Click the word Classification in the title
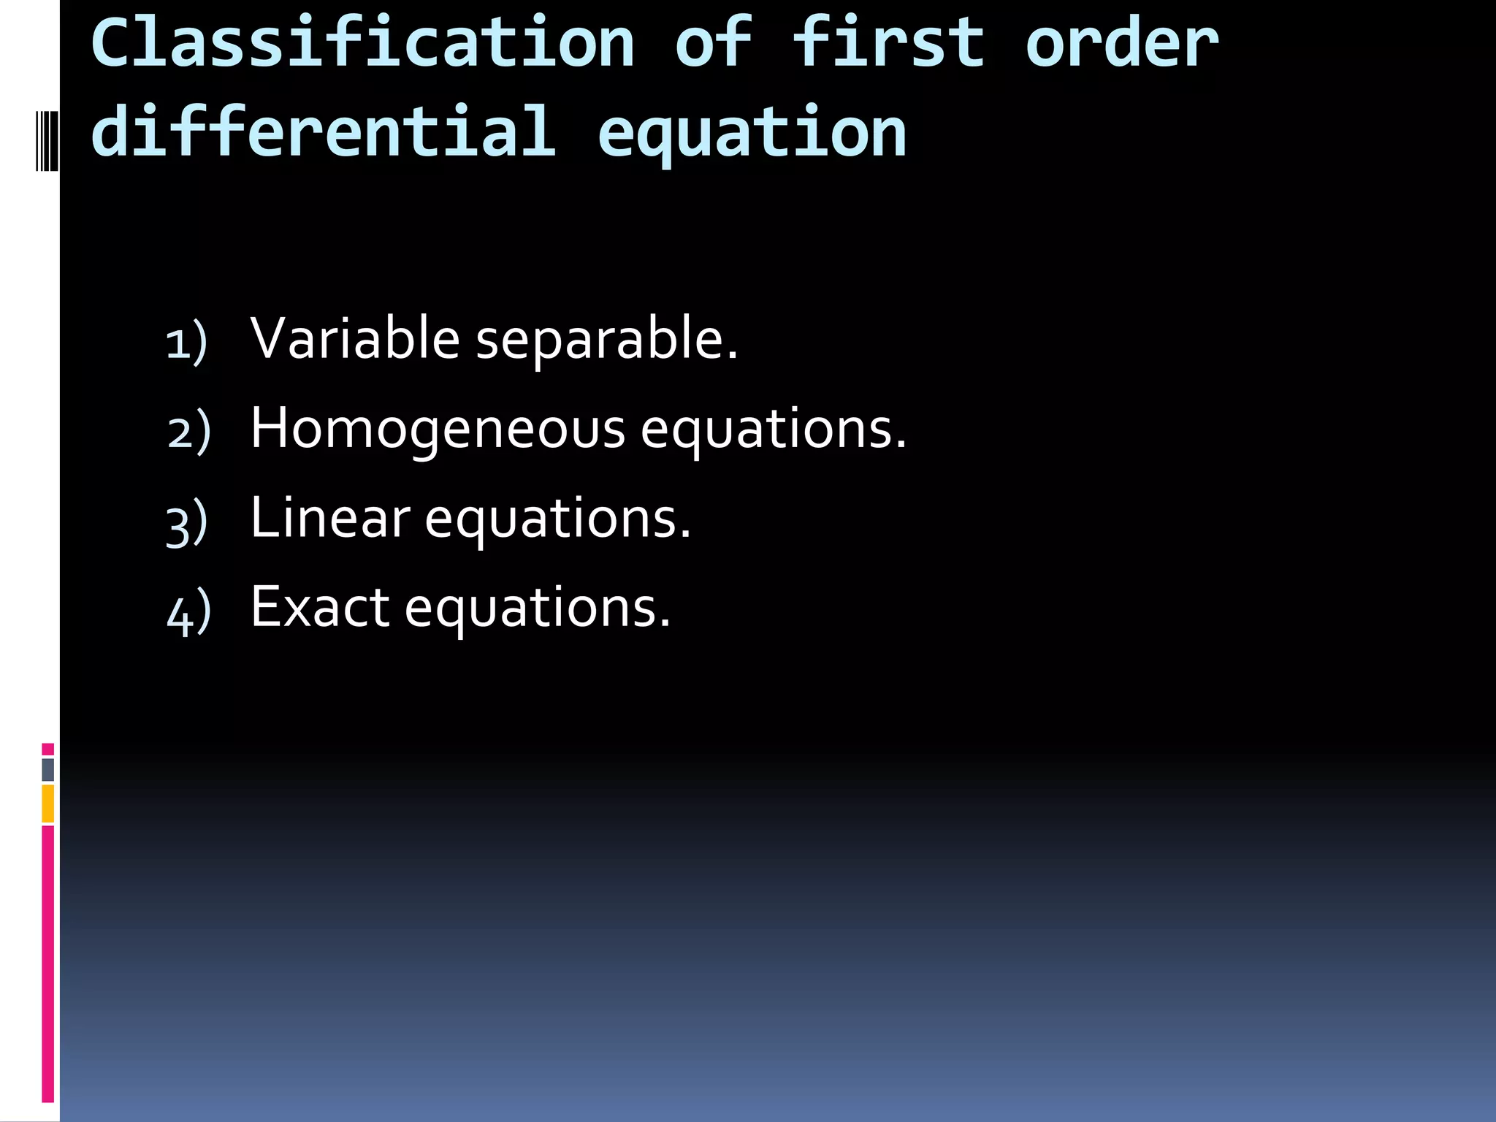363,44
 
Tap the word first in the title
888,44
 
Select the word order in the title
1122,44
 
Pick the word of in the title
713,44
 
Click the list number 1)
187,342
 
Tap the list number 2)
188,432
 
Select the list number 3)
187,522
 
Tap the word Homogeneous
438,430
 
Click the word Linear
330,518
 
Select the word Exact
320,607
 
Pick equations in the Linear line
557,519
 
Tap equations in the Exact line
537,609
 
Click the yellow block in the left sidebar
48,803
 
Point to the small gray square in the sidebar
48,769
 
